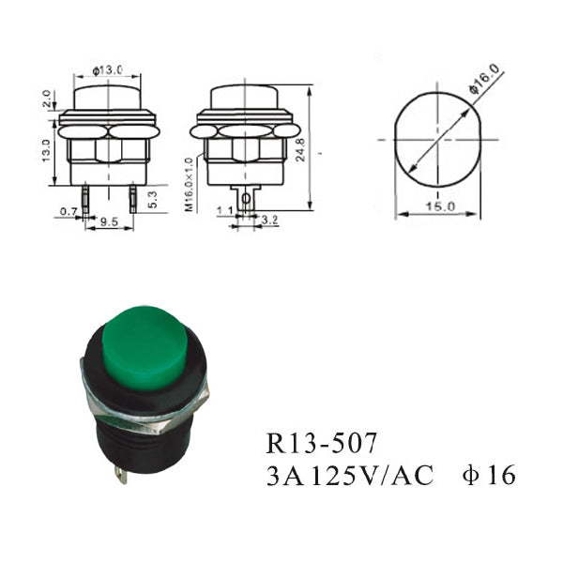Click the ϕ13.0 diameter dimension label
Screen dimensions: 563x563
107,70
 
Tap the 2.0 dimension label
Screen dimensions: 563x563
46,99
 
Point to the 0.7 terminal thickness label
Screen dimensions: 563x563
68,211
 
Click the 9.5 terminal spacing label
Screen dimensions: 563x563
109,221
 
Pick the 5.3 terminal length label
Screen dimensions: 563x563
152,199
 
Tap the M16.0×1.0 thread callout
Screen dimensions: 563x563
190,184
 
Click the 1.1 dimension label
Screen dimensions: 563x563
225,211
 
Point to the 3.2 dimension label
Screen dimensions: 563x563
269,220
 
